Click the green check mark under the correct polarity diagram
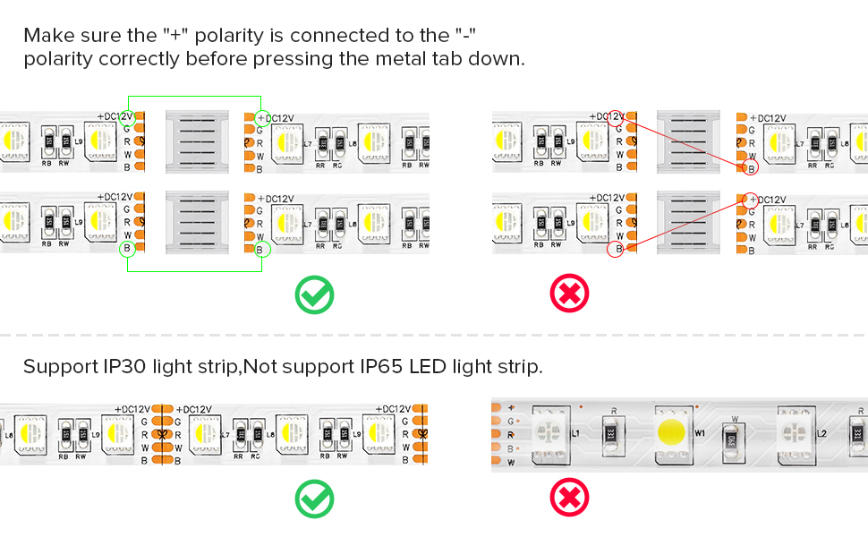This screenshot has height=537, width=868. pos(314,294)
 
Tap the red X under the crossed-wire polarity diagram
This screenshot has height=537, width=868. pos(570,294)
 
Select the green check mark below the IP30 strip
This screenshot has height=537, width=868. pos(314,499)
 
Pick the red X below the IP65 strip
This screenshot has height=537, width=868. pos(570,498)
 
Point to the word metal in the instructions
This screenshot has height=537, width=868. pos(399,60)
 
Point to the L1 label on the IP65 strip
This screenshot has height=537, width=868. pos(576,433)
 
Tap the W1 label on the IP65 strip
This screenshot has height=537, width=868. pos(701,434)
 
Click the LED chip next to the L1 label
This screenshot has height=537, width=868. pos(548,432)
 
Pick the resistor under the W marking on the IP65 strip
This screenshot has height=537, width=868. pos(731,438)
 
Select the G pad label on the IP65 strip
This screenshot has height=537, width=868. pos(510,420)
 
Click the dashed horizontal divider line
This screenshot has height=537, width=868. pos(434,336)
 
